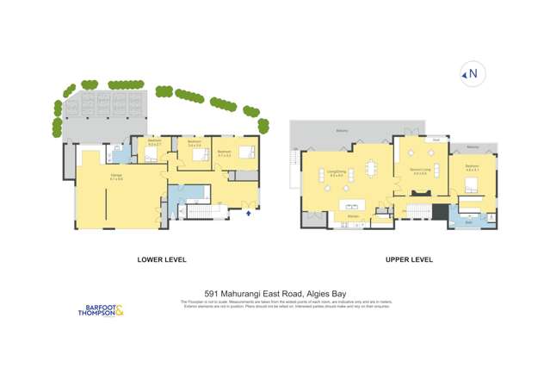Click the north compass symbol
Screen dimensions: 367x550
[471, 74]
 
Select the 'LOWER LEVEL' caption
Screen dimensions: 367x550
[162, 259]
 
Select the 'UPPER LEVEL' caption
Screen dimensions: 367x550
[409, 259]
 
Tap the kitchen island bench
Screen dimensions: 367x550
[351, 205]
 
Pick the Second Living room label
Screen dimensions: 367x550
[420, 170]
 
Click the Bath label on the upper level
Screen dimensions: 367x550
[469, 222]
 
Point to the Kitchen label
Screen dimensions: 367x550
[353, 215]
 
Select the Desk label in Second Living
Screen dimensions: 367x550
[436, 139]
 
